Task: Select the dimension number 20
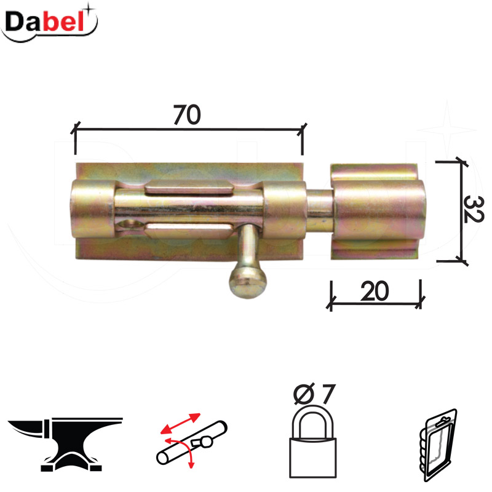click(375, 292)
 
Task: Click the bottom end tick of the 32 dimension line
click(461, 261)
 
